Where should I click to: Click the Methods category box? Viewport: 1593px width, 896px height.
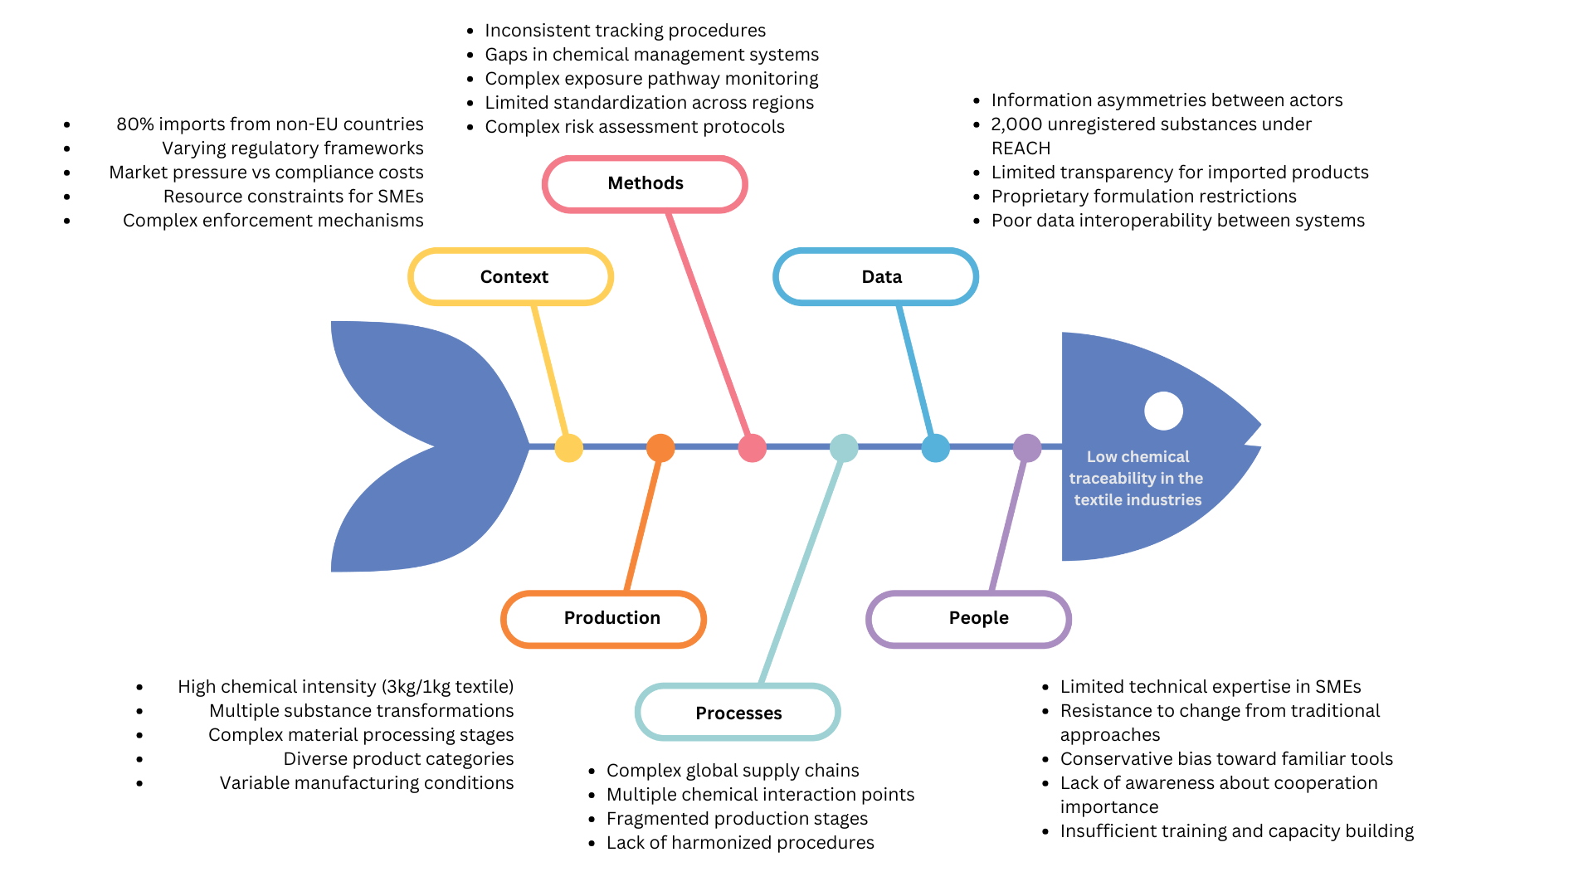645,183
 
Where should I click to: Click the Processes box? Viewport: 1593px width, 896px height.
738,713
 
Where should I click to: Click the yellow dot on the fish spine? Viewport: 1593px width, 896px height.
568,448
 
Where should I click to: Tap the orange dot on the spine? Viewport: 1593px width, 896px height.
660,448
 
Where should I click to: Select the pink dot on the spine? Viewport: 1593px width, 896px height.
752,448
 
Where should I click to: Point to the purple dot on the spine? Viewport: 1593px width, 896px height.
1027,448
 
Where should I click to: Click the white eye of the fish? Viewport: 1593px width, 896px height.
1163,411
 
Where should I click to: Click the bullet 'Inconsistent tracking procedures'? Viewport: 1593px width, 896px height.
625,31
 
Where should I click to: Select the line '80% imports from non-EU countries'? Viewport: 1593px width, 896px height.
270,124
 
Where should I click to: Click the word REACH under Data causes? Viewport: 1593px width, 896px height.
1021,149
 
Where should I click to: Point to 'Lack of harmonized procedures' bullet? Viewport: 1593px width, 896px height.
740,843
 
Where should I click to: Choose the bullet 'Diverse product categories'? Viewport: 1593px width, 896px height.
398,759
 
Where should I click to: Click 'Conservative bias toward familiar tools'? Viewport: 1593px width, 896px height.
1226,759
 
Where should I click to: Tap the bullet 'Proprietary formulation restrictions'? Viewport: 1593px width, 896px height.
1143,197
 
